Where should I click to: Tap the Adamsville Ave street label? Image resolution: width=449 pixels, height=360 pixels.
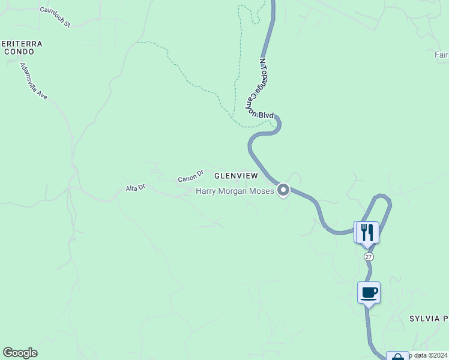[x=33, y=81]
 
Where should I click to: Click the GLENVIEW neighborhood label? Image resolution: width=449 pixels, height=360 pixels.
[x=236, y=176]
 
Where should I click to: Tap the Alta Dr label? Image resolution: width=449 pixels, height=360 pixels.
[x=135, y=188]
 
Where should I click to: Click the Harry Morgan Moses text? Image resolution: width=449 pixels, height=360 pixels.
[x=235, y=191]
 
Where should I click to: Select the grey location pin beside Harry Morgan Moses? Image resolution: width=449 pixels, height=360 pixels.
[x=283, y=190]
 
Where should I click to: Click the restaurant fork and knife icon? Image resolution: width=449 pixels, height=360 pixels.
[x=367, y=232]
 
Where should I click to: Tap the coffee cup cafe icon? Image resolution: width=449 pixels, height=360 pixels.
[x=369, y=293]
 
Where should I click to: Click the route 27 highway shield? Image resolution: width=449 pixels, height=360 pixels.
[x=369, y=256]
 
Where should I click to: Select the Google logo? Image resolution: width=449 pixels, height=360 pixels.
[x=20, y=353]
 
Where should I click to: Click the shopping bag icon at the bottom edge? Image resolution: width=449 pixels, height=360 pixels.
[x=397, y=356]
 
